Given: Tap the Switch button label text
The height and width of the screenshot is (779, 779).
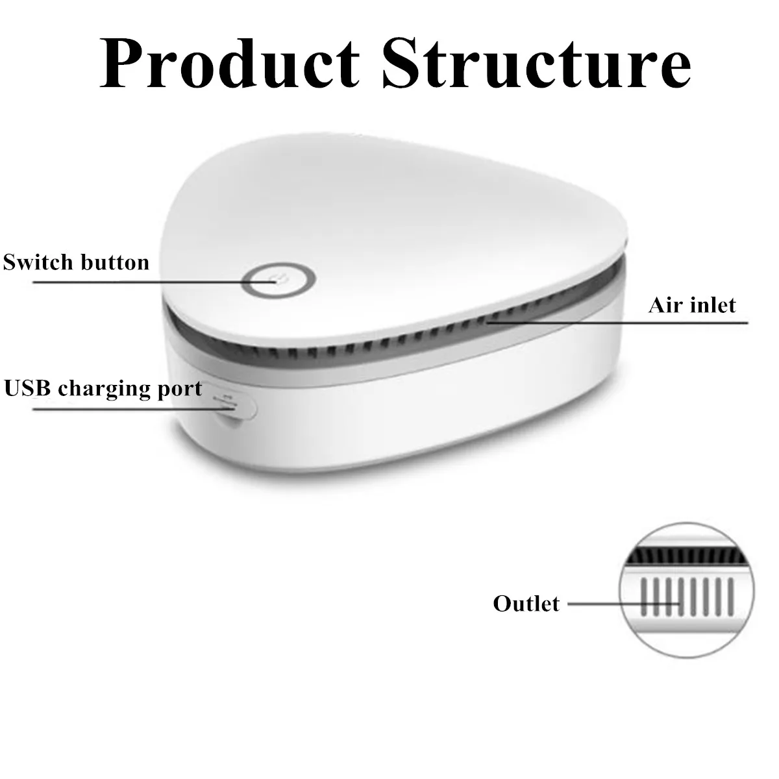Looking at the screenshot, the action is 76,262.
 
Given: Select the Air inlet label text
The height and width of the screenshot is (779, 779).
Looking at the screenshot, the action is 692,305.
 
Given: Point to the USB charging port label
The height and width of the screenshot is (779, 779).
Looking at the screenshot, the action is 103,388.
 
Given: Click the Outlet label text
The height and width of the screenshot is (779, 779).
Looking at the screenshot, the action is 526,603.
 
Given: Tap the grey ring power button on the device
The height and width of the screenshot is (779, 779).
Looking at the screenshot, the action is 279,282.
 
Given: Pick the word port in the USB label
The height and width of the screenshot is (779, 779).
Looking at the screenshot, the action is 182,389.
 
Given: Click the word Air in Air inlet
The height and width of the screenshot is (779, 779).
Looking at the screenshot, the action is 663,305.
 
